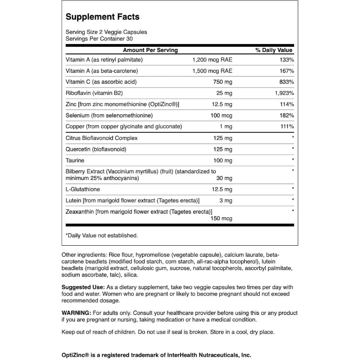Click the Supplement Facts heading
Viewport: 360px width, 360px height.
103,17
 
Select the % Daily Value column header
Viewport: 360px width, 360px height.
274,50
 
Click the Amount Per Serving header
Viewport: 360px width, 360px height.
150,50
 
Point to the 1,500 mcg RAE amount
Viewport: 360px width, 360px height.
212,71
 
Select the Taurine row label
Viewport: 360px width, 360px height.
75,160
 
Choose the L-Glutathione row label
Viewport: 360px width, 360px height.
83,189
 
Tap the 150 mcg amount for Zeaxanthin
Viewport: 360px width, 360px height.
221,218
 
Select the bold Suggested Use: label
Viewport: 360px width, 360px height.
83,288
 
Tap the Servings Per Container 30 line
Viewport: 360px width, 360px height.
99,39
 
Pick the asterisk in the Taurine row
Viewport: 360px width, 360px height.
293,160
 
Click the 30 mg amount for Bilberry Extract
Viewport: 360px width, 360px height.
224,178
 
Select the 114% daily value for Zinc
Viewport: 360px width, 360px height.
287,104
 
